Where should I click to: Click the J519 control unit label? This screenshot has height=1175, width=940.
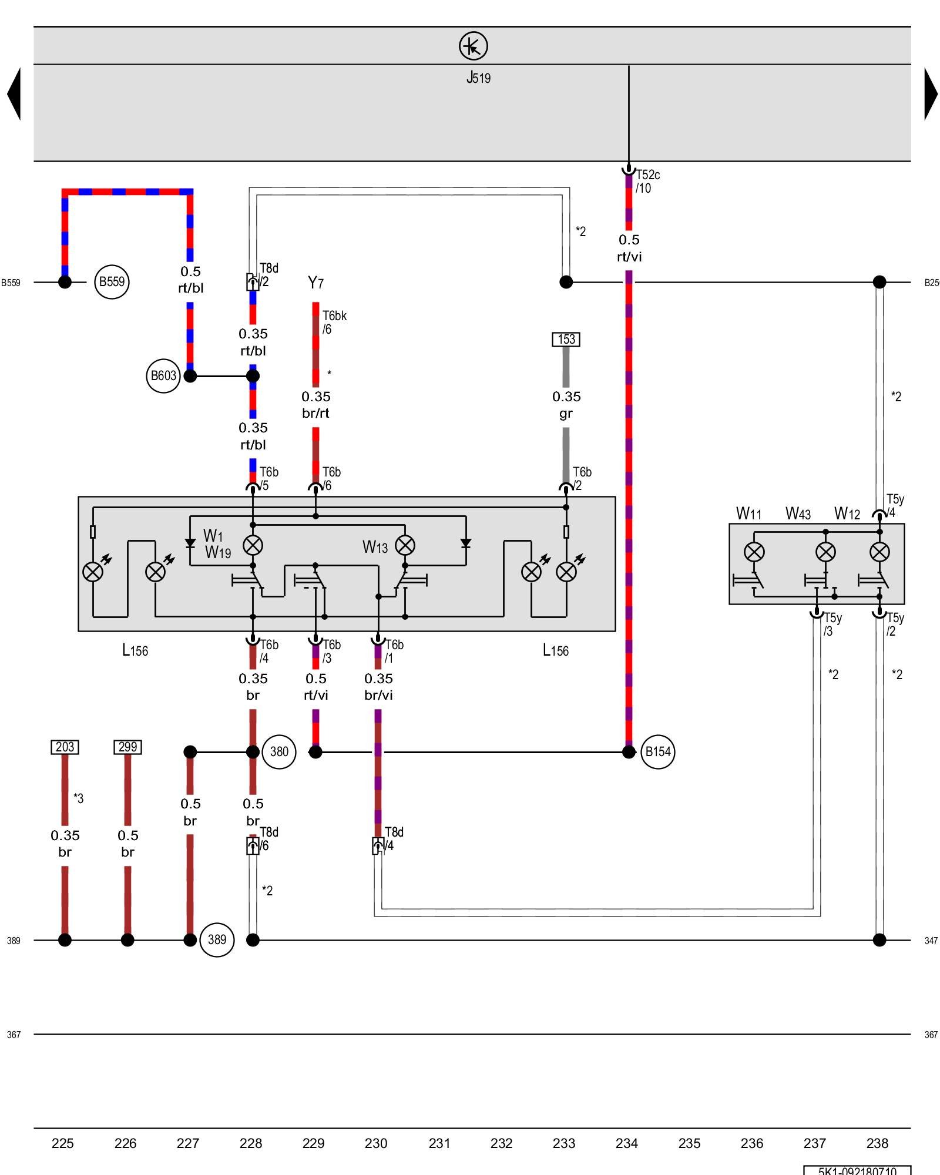pyautogui.click(x=478, y=78)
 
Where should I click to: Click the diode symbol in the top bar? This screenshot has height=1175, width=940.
pyautogui.click(x=473, y=46)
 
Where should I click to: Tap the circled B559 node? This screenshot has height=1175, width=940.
pyautogui.click(x=112, y=282)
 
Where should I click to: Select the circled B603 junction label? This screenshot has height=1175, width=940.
pyautogui.click(x=163, y=376)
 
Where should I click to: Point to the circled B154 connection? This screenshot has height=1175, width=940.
pyautogui.click(x=657, y=751)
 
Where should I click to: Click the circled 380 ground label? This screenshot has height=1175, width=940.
pyautogui.click(x=279, y=751)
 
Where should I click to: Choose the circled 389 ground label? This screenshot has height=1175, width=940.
pyautogui.click(x=217, y=939)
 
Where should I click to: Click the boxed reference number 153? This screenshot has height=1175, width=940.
pyautogui.click(x=566, y=339)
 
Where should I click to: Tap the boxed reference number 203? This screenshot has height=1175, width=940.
pyautogui.click(x=65, y=747)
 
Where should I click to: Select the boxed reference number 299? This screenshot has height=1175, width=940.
pyautogui.click(x=127, y=747)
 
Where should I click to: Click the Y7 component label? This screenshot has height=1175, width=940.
pyautogui.click(x=315, y=283)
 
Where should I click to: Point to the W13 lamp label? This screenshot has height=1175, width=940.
pyautogui.click(x=375, y=548)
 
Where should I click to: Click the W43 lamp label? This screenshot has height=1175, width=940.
pyautogui.click(x=798, y=514)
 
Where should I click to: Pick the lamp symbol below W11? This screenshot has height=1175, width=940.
pyautogui.click(x=754, y=552)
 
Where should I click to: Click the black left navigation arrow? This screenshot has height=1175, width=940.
pyautogui.click(x=14, y=94)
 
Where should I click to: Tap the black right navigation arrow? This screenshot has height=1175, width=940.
pyautogui.click(x=931, y=94)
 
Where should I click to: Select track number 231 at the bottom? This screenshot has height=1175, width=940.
pyautogui.click(x=439, y=1143)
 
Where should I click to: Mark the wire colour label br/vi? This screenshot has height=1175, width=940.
pyautogui.click(x=378, y=695)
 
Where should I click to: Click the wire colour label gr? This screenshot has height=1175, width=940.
pyautogui.click(x=566, y=414)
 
